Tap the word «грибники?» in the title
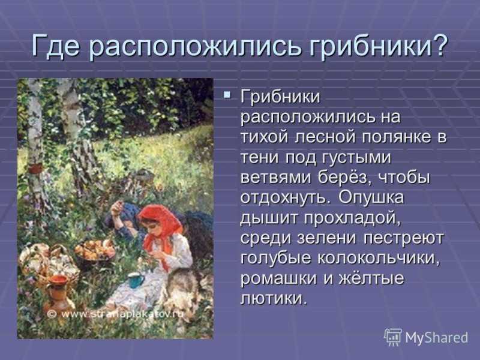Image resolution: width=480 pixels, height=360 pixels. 377,47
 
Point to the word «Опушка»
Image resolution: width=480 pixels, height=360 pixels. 371,197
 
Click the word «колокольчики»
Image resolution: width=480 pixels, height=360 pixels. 379,258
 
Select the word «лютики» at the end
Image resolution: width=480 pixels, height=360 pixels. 274,298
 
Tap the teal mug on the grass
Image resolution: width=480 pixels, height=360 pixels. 137,280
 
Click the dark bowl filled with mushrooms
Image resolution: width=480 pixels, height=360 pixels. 94,252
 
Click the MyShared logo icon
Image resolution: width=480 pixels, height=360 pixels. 393,337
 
